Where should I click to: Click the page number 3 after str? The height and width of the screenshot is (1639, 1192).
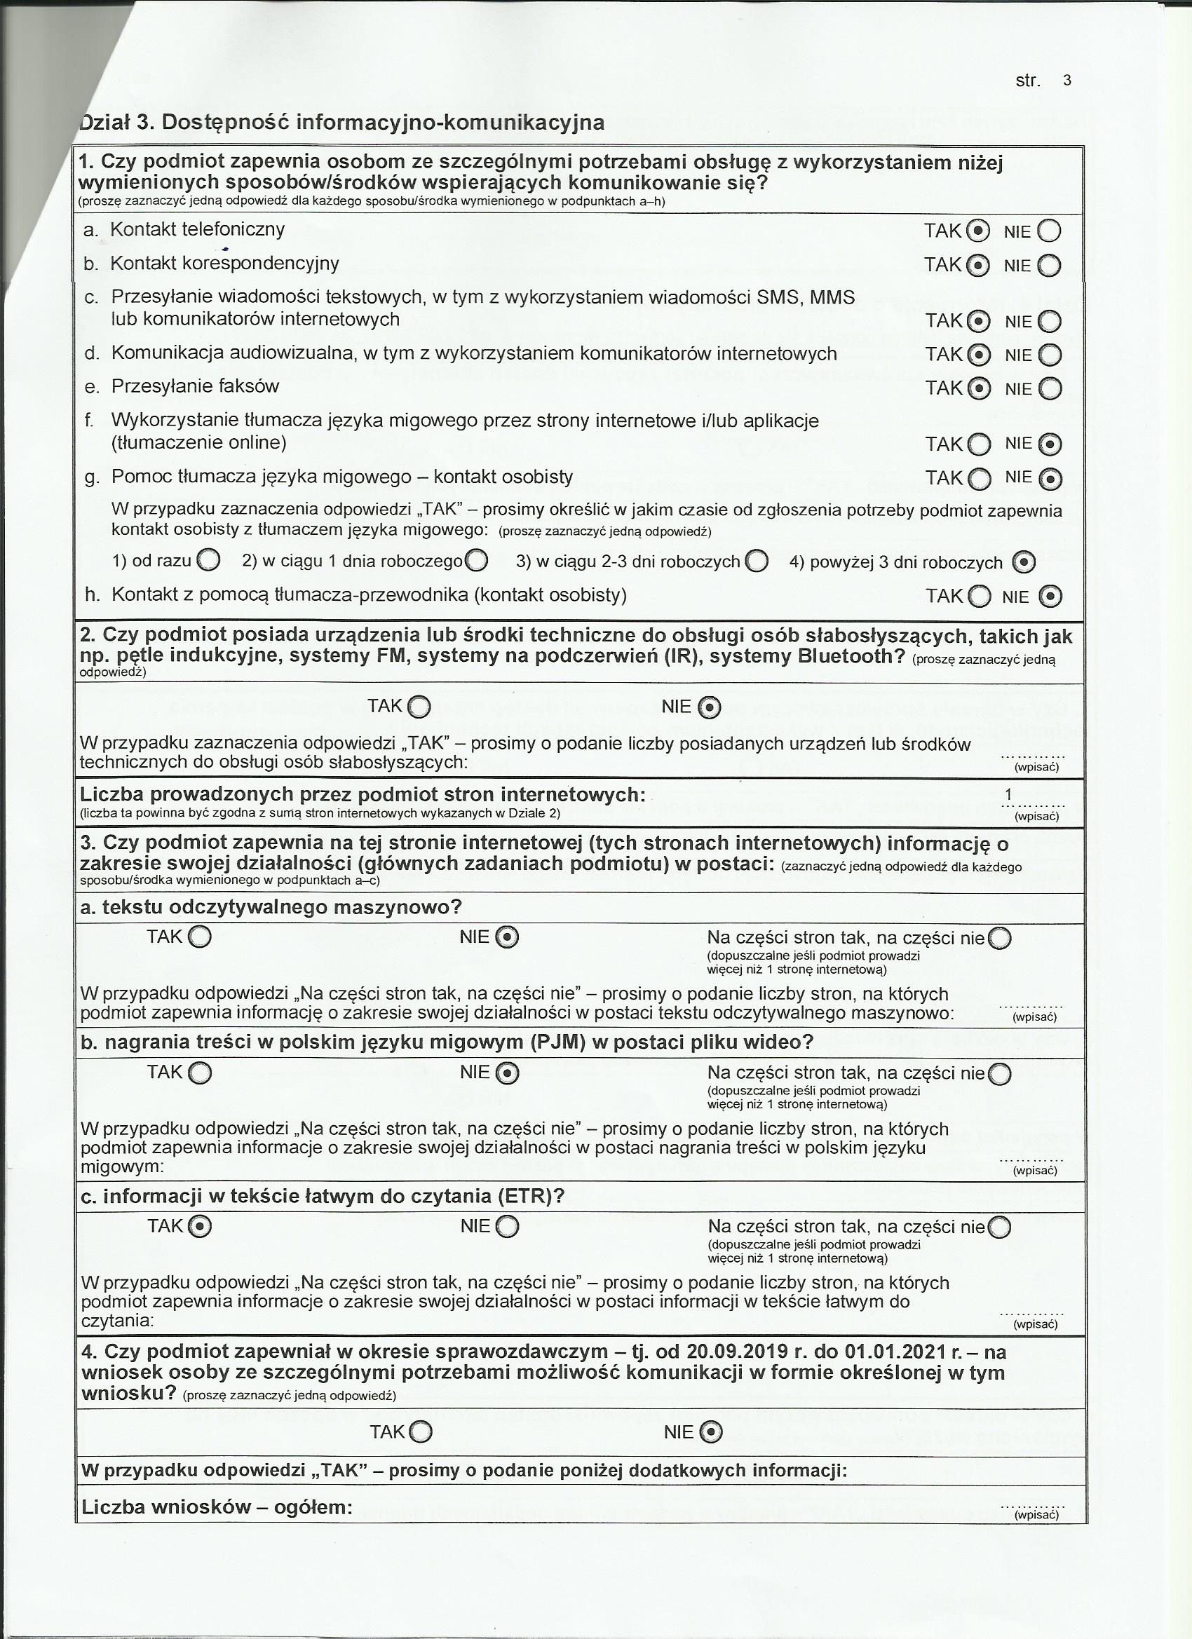pos(1067,80)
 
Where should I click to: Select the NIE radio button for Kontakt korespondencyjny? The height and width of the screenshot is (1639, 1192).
pos(1049,266)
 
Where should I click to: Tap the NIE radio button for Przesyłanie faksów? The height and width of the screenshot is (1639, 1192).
pos(1050,390)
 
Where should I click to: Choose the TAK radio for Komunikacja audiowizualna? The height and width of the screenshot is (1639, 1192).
pos(979,355)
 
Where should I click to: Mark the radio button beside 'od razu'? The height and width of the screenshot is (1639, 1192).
pos(208,560)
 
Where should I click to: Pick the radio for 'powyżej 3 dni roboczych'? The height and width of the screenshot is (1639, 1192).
pos(1024,562)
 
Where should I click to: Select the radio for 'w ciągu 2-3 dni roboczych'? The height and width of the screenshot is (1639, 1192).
pos(756,562)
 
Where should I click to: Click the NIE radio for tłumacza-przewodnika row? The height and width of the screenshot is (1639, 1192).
pos(1050,597)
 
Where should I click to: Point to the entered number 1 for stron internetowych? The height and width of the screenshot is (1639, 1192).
pos(1008,795)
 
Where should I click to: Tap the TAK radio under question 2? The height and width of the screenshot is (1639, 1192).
pos(419,707)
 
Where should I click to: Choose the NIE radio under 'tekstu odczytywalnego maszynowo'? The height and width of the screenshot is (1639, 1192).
pos(508,937)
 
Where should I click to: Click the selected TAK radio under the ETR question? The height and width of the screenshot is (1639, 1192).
pos(201,1226)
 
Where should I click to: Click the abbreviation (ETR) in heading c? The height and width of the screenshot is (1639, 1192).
pos(524,1196)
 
